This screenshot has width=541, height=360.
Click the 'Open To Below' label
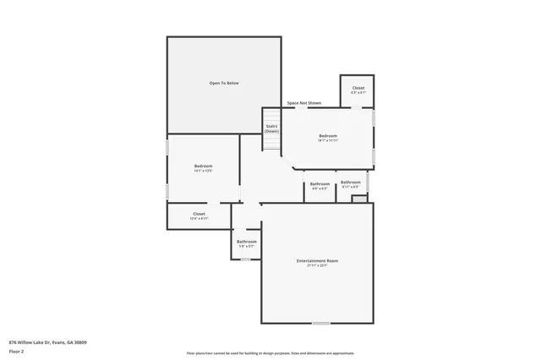pos(224,83)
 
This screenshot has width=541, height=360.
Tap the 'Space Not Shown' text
pos(303,103)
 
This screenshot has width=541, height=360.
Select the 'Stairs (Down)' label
pos(271,128)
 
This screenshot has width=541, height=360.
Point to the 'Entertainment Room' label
pos(318,260)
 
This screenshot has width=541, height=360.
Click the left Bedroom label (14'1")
pos(203,166)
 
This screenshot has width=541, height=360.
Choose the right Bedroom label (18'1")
pos(328,136)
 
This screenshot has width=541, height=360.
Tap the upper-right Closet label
pos(358,88)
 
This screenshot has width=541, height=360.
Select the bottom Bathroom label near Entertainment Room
pos(246,242)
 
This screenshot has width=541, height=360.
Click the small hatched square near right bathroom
pos(360,199)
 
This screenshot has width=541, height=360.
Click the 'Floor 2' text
pos(17,350)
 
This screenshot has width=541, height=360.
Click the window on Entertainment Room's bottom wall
pos(320,324)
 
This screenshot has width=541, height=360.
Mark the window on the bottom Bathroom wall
pos(245,259)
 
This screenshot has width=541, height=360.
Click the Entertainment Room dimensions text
pos(318,265)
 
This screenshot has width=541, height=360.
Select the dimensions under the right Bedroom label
pos(328,140)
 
